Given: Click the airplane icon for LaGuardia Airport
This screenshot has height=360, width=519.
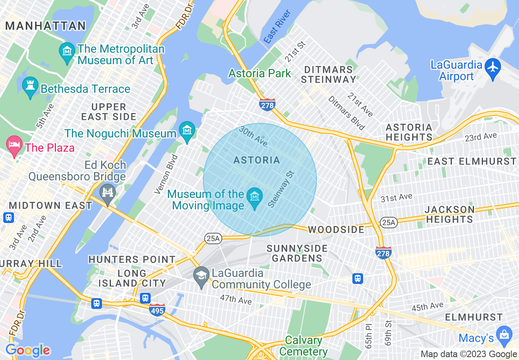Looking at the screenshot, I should click(493, 67).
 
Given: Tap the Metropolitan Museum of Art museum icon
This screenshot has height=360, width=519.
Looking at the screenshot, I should click(67, 52).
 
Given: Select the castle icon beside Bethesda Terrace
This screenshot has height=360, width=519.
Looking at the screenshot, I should click(30, 86).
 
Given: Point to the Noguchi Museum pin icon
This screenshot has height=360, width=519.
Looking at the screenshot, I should click(187, 130).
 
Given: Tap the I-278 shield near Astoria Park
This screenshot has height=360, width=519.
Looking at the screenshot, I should click(267, 105).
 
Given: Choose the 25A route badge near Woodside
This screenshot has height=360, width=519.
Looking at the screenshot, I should click(388, 222).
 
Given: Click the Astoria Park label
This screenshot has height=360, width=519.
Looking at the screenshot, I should click(260, 74).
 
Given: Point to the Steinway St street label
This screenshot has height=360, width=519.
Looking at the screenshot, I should click(281, 189).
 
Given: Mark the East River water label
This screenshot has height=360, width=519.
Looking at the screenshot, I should click(278, 27).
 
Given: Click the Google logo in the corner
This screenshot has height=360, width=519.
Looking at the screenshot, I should click(27, 351).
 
